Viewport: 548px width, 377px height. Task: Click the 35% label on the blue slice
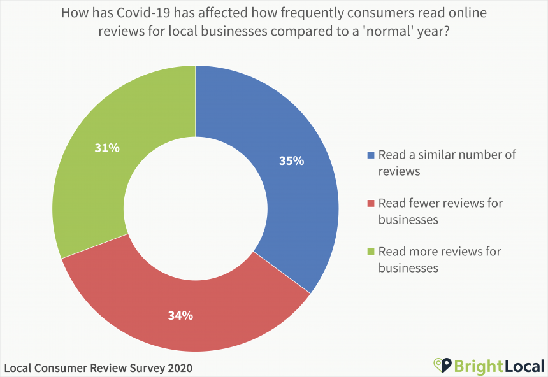point(291,160)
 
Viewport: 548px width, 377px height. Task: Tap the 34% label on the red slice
point(180,315)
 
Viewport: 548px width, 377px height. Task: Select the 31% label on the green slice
point(107,148)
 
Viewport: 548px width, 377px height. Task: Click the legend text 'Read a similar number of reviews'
point(446,162)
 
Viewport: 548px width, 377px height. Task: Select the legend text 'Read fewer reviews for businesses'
point(440,211)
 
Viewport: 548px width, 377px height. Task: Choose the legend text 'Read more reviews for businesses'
point(440,259)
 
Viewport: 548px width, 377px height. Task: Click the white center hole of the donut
point(195,208)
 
